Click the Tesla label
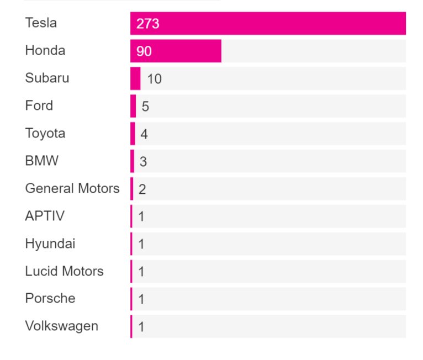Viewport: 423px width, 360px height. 41,23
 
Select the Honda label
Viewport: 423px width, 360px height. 45,51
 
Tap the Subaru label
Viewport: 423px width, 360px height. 47,78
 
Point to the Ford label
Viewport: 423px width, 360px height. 39,105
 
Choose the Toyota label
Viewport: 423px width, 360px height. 45,133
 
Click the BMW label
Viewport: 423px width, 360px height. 42,161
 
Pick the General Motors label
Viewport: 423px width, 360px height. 72,188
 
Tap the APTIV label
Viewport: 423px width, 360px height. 45,216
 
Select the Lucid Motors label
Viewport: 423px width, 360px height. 64,271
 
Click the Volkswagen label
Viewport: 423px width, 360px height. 62,326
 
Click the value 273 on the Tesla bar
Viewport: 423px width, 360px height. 148,24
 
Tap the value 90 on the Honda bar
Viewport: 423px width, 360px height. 144,51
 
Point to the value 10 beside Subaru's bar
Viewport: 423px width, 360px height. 155,79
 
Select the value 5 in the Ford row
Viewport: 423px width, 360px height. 145,107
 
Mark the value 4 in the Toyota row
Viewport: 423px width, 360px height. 144,134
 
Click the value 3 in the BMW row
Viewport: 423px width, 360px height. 143,162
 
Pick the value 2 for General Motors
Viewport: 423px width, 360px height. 142,189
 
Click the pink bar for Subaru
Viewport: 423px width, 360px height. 135,78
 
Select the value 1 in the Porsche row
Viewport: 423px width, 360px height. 141,299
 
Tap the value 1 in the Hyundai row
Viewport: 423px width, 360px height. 141,244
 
